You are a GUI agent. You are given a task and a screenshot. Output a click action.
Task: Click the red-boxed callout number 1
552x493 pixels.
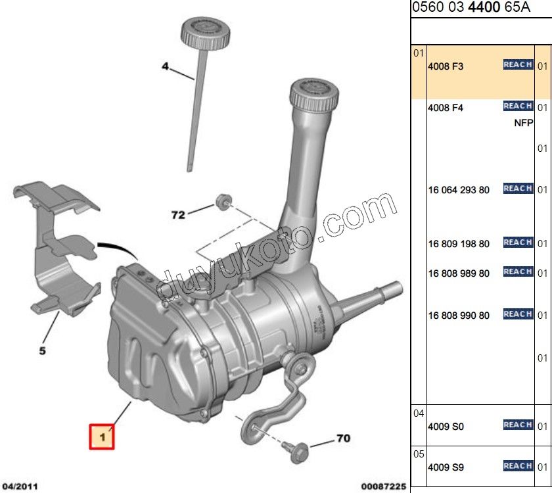click(x=102, y=436)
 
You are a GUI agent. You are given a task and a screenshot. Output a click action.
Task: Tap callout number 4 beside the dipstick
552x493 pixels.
click(x=166, y=66)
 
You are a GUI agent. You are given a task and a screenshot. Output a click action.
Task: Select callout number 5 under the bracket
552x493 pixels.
click(x=42, y=351)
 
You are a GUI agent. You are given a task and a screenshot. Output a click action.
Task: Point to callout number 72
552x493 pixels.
click(x=178, y=214)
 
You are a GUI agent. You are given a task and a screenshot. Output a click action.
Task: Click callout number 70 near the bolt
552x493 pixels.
click(x=343, y=437)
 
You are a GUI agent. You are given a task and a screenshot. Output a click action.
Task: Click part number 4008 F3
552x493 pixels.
click(x=446, y=66)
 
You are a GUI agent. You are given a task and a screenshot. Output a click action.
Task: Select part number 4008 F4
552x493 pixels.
click(x=446, y=108)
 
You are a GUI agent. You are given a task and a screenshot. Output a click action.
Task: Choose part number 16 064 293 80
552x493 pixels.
click(x=459, y=191)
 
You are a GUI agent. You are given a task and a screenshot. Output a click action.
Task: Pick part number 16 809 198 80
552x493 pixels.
click(x=459, y=244)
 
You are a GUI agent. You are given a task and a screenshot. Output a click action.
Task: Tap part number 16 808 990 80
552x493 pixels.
click(x=459, y=316)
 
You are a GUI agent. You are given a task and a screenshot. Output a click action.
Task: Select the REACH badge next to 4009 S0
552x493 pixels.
click(x=518, y=425)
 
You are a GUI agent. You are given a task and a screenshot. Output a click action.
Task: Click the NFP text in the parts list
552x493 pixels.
click(x=523, y=123)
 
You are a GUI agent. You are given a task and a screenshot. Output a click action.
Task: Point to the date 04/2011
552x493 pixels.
click(x=20, y=486)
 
